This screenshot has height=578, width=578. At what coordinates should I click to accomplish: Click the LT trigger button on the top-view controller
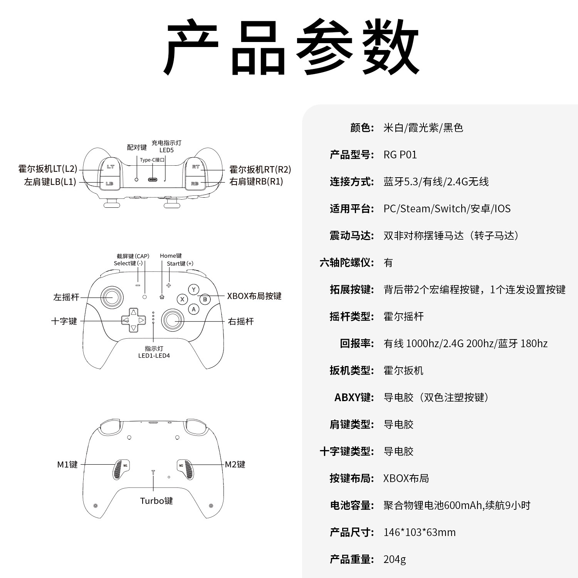coord(110,167)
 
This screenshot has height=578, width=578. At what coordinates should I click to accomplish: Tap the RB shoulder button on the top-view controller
coord(195,183)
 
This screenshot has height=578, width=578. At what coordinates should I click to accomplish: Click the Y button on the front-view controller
coord(193,289)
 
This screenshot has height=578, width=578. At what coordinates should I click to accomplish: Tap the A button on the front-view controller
coord(193,309)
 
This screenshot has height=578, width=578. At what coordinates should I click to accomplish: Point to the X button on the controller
coord(182,299)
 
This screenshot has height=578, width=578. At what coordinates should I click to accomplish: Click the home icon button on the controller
coord(161,297)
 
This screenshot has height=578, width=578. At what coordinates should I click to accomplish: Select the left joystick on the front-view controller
coord(112,297)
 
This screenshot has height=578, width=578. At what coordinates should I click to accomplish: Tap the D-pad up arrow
coord(133,313)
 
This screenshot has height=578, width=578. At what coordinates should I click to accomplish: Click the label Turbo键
coord(156,501)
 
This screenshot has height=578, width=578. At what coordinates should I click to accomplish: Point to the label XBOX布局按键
coord(254,296)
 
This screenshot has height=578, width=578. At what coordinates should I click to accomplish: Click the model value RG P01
coord(400,155)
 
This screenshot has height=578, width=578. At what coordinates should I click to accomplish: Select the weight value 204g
coord(395,559)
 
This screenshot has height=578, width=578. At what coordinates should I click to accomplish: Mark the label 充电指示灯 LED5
coord(166,146)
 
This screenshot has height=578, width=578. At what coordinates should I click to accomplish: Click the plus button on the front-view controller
coord(168,285)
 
